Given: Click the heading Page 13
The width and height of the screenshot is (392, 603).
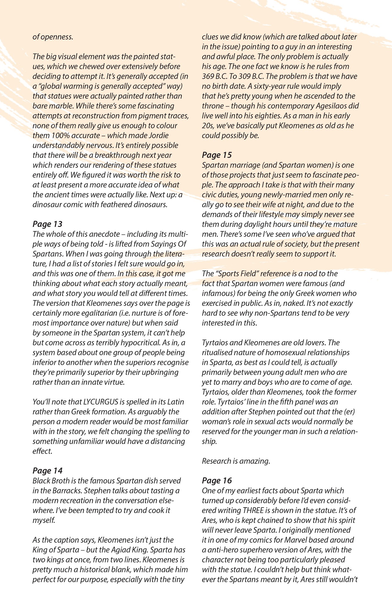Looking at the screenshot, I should tap(47, 224).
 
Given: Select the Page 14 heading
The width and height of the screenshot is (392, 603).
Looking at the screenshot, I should tap(47, 471).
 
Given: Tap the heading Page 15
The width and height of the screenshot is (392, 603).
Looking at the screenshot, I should tap(217, 155).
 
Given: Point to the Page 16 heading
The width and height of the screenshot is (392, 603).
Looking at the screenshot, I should tap(217, 481).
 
